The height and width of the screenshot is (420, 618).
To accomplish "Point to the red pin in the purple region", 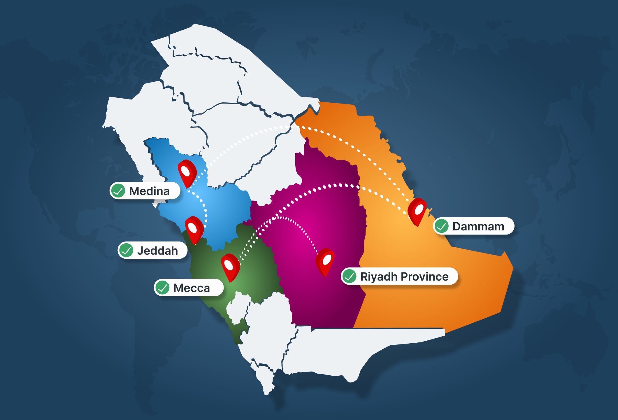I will click(325, 261).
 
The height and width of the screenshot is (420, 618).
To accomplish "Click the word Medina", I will click(149, 191).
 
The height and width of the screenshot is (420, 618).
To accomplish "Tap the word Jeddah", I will click(157, 251).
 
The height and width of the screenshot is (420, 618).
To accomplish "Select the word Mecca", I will click(192, 288).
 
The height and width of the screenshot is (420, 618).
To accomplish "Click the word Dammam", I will click(478, 226).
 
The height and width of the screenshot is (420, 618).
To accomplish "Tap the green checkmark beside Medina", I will click(118, 191).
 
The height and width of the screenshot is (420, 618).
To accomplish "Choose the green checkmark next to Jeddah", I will click(126, 250).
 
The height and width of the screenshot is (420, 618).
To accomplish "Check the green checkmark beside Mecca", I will click(162, 288).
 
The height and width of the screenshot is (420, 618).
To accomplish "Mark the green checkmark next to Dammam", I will click(441, 226).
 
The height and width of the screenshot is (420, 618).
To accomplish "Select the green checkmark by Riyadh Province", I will click(349, 276).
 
